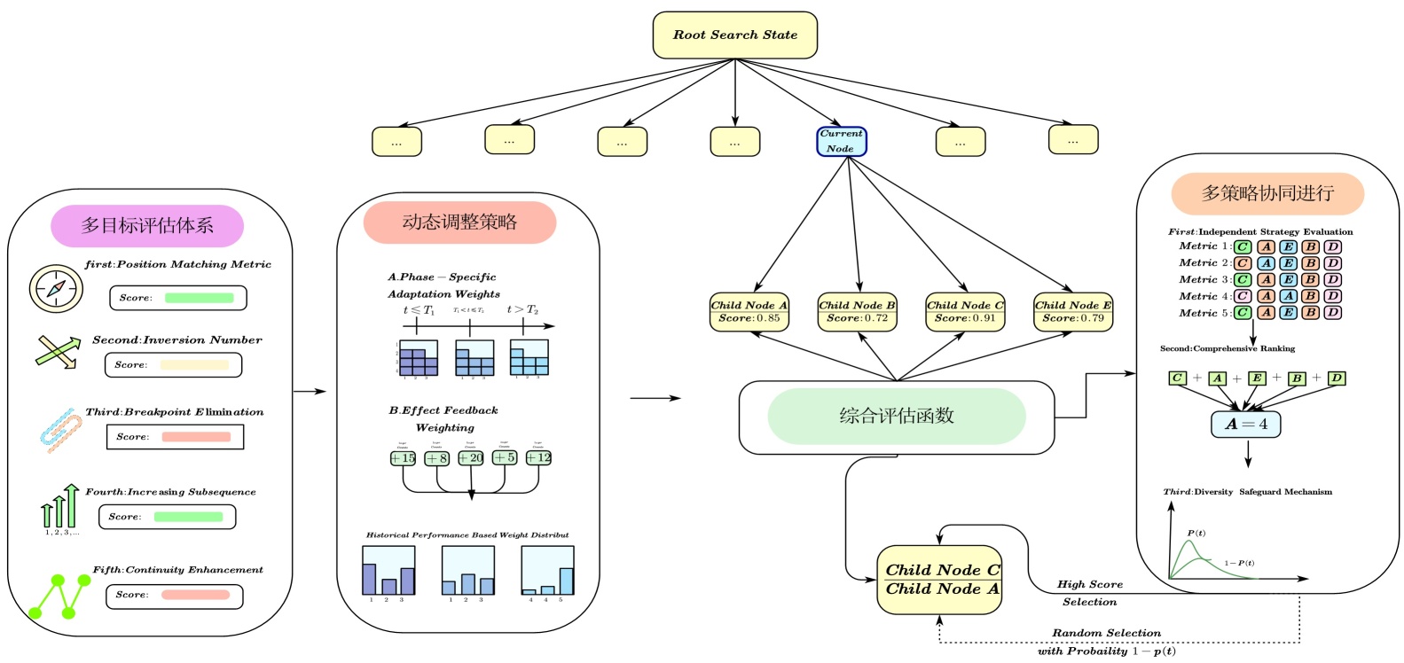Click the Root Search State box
pos(734,35)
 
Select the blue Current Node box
pos(841,142)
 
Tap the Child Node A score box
pos(749,312)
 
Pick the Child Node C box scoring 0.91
pos(965,312)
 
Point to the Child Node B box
pos(857,312)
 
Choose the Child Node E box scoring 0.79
pos(1073,312)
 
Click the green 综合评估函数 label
pos(896,416)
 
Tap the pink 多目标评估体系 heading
pos(147,226)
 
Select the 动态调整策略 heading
pos(459,222)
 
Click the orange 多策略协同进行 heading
pos(1267,194)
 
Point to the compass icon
pos(56,288)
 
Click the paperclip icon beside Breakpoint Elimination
pos(59,431)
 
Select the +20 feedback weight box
pos(471,458)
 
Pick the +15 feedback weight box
pos(403,458)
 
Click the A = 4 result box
pos(1245,425)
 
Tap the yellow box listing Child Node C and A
pos(939,580)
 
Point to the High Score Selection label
pos(1090,593)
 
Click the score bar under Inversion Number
pos(194,365)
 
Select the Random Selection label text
pos(1106,634)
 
